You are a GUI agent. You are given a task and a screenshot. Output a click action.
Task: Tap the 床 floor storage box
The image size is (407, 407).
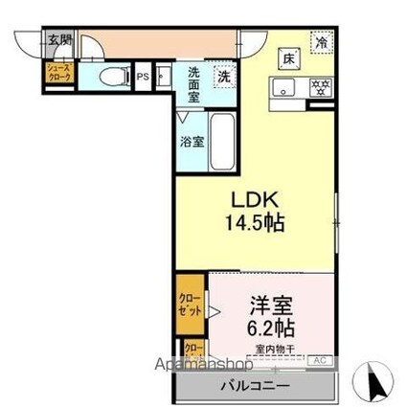point(286,58)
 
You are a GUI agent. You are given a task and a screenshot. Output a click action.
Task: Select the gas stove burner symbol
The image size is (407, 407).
point(321,87)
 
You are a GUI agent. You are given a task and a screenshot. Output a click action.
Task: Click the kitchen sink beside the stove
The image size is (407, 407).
point(285,88)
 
